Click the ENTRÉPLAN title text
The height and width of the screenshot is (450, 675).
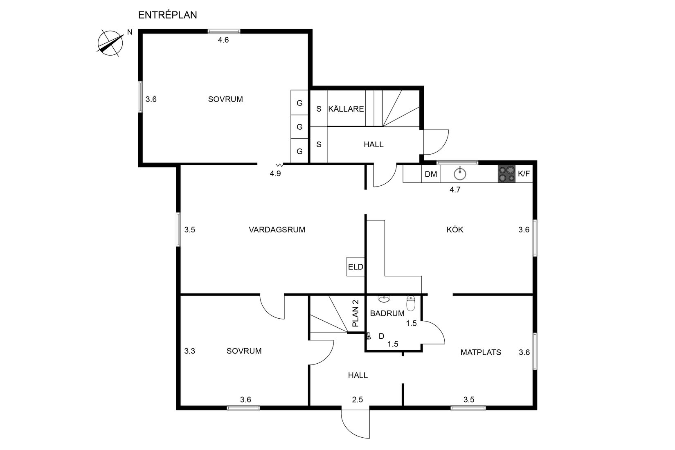(x=167, y=15)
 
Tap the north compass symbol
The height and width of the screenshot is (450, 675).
(x=110, y=43)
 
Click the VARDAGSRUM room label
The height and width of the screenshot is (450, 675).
(x=277, y=229)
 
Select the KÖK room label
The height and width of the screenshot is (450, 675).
(x=455, y=229)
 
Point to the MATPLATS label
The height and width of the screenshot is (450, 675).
(x=481, y=352)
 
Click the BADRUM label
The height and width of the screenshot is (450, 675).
(x=387, y=313)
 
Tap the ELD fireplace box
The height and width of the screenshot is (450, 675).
(x=355, y=267)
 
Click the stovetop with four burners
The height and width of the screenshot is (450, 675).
(x=506, y=173)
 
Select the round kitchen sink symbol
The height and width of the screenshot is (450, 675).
(x=460, y=174)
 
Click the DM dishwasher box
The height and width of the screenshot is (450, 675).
(x=431, y=174)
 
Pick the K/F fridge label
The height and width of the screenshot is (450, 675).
(x=524, y=174)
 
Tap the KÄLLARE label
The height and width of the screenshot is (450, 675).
(x=346, y=109)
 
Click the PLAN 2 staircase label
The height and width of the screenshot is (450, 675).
(x=355, y=314)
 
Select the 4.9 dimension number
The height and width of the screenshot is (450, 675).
(x=275, y=173)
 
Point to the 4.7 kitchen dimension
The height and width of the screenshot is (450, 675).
(x=455, y=190)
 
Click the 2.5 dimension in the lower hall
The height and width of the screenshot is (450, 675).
(x=358, y=400)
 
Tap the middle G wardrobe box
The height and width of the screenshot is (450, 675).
(x=299, y=127)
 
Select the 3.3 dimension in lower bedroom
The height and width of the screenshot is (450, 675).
(x=189, y=351)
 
